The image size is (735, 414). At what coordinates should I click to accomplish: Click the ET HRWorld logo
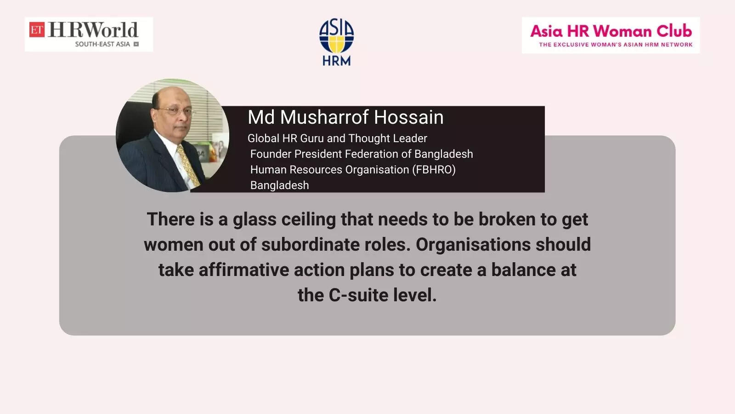(x=89, y=34)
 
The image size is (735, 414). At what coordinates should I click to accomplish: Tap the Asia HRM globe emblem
(x=336, y=36)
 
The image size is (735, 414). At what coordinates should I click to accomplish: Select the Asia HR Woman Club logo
(x=611, y=35)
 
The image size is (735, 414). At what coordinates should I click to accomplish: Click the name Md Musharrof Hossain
(x=345, y=117)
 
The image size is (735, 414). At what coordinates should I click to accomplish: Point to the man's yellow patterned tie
(x=188, y=166)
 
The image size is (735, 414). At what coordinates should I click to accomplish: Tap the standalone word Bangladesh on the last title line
(x=280, y=185)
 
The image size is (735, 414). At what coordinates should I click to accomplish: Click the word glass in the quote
(x=254, y=220)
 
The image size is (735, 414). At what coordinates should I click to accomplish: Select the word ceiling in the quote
(x=308, y=220)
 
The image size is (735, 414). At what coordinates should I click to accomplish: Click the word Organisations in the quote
(x=473, y=245)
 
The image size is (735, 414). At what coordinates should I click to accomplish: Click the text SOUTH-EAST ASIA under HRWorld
(x=102, y=44)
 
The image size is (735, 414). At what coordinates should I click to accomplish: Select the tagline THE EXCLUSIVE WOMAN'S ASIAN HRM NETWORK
(x=616, y=44)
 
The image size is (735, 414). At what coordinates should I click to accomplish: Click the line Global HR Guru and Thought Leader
(x=337, y=138)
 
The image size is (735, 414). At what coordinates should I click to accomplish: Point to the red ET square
(x=37, y=29)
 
